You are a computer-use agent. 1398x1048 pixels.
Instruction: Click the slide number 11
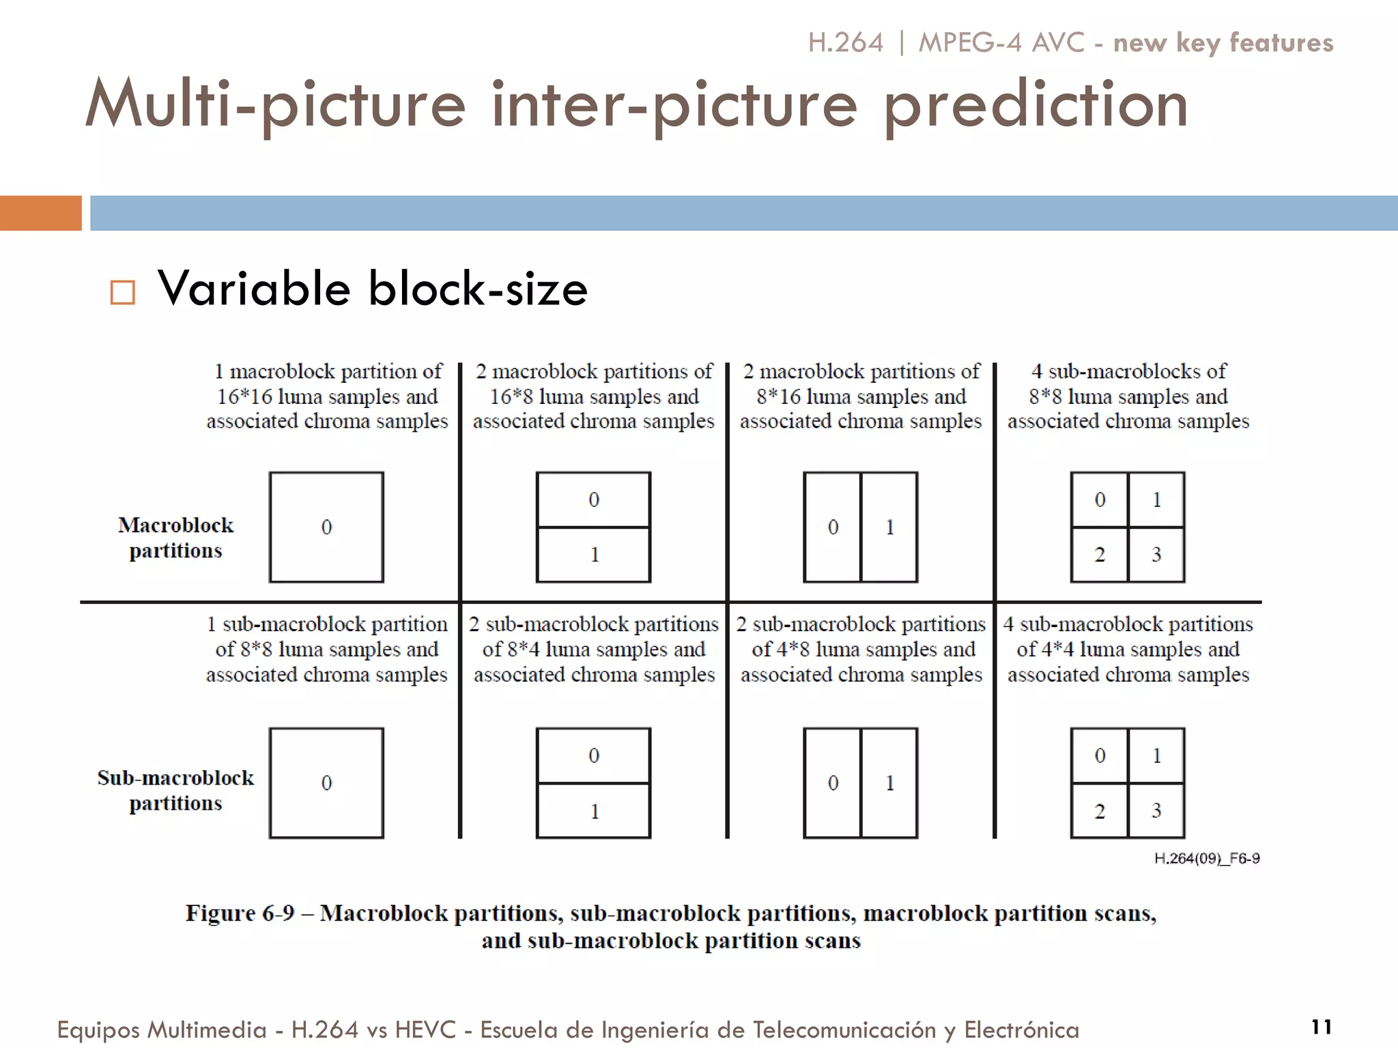(1322, 1027)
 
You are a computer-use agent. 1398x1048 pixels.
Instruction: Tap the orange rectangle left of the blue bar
(41, 213)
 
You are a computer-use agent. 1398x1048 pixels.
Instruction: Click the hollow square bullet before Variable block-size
(123, 292)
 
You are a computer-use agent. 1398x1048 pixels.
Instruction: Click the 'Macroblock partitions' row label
(175, 538)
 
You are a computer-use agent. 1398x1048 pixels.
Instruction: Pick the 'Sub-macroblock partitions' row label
(175, 790)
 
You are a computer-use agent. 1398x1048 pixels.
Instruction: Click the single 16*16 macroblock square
(326, 527)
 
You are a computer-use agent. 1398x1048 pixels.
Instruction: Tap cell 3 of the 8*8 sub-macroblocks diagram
(1156, 554)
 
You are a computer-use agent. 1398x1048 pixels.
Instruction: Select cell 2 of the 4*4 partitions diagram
(1099, 811)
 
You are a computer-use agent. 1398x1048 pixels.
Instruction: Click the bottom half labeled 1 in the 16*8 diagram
(594, 554)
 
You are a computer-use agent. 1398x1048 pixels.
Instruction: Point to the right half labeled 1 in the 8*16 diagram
(889, 527)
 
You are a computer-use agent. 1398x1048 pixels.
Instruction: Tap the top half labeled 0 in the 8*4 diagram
(594, 755)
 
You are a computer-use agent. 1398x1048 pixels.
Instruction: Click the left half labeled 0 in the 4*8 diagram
(833, 783)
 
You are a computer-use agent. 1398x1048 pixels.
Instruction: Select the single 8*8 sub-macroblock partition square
(326, 783)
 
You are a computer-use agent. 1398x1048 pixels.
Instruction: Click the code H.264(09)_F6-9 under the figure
(1207, 858)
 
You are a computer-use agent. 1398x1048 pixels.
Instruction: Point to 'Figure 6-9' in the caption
(240, 913)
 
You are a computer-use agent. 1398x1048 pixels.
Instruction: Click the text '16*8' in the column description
(511, 396)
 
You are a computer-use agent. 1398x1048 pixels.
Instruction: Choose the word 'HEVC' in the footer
(425, 1030)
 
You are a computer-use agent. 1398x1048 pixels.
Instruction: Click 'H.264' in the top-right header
(845, 42)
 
